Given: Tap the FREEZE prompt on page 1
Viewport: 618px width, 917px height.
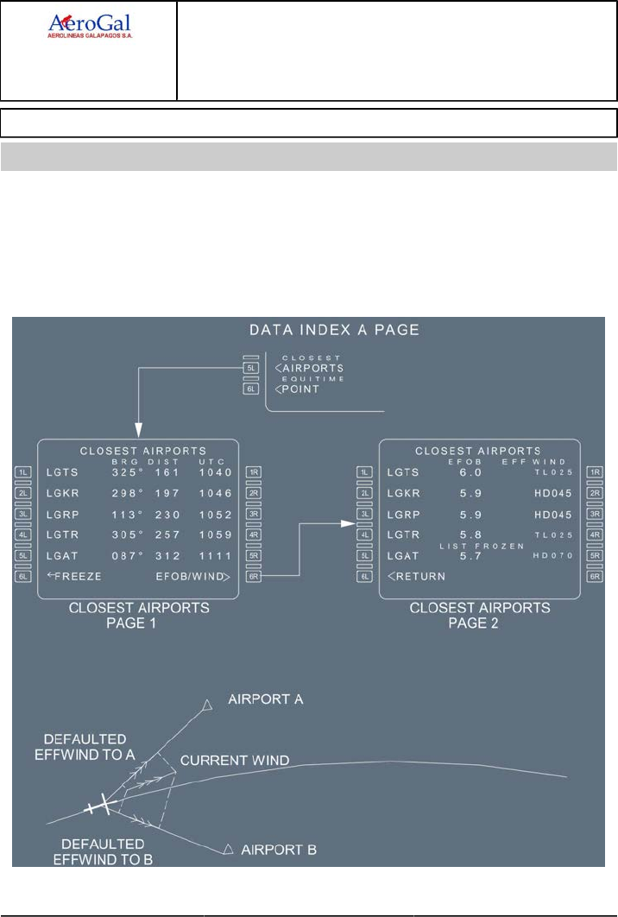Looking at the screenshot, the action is click(74, 575).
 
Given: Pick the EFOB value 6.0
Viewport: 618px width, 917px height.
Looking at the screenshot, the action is click(469, 472).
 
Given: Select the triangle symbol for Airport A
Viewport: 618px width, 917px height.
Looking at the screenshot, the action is click(206, 705).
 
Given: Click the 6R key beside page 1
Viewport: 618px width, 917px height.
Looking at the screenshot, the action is click(254, 576).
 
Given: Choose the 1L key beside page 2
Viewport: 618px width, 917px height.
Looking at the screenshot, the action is click(365, 472).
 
